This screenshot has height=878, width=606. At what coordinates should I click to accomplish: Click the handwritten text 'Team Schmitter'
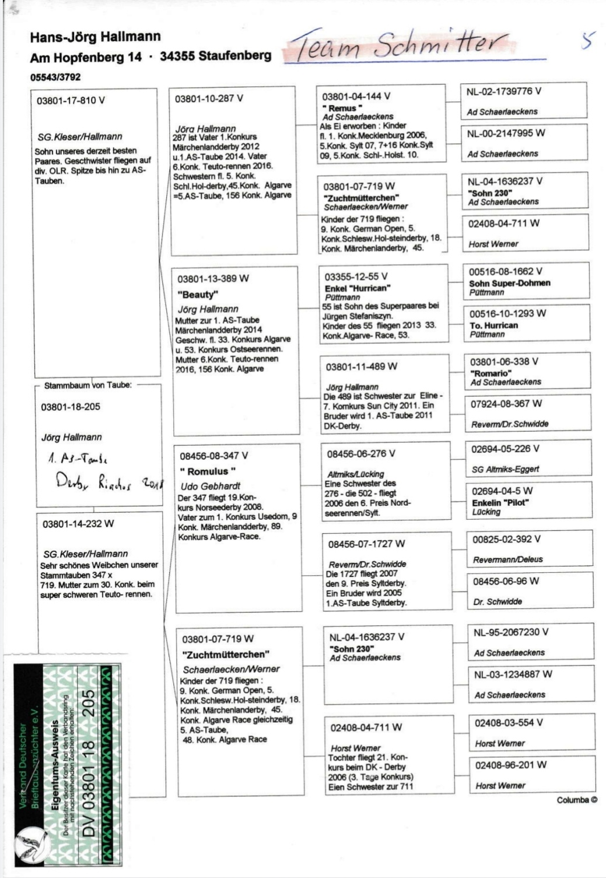coord(402,45)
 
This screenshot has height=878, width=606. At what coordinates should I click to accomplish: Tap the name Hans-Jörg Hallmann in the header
coord(95,37)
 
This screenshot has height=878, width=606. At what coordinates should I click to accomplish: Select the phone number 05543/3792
coord(55,77)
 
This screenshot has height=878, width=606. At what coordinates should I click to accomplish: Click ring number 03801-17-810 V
coord(71,100)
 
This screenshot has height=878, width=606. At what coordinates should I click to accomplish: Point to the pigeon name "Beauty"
coord(198,295)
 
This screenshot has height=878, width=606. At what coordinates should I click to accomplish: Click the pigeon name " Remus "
coord(342,108)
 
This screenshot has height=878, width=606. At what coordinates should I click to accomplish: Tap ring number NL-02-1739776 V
coord(503,92)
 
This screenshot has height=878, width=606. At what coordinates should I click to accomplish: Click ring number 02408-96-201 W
coord(510,765)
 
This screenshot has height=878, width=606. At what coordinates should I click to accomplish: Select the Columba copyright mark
coord(576,800)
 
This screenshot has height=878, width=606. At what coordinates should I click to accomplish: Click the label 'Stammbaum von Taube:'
coord(87,385)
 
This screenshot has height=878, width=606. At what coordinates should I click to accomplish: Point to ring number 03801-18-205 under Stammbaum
coord(71,407)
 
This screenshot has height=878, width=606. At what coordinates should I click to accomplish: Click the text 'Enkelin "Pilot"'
coord(500,502)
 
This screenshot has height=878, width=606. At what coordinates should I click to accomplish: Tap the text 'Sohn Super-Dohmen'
coord(509,283)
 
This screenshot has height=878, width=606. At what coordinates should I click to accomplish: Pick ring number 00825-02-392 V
coord(506,539)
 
